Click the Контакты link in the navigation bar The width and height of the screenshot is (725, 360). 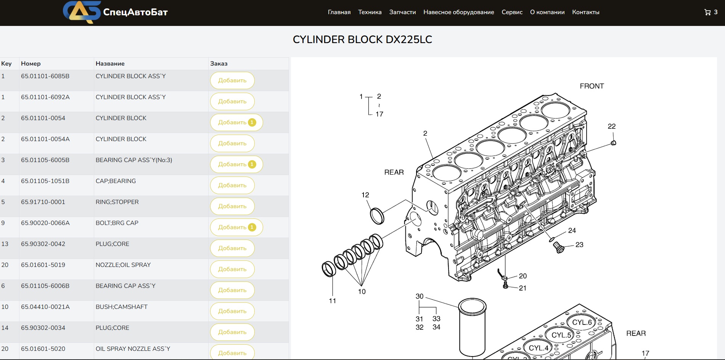tap(585, 12)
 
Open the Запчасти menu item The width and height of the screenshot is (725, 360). tap(402, 12)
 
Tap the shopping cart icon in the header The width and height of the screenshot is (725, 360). tap(707, 12)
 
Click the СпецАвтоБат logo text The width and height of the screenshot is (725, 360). tap(135, 12)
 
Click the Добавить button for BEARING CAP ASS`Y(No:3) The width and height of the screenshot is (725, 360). tap(236, 164)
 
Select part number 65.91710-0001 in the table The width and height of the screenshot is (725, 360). tap(43, 202)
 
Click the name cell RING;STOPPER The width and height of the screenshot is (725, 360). tap(117, 202)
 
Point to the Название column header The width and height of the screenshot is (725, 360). tap(110, 64)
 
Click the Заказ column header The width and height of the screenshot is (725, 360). tap(219, 64)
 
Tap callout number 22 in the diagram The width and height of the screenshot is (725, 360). tap(611, 126)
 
